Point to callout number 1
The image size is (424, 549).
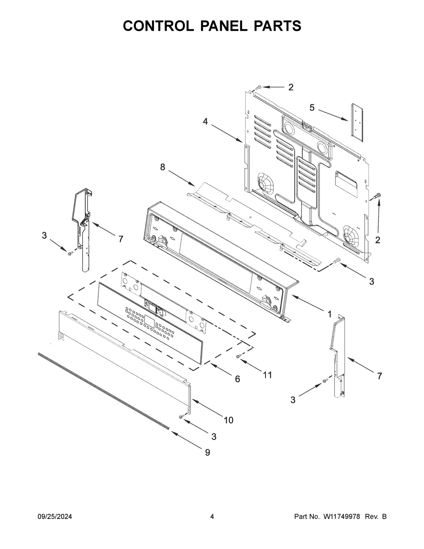(x=329, y=314)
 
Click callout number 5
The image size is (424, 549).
(x=312, y=107)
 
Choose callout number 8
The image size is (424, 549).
(x=163, y=167)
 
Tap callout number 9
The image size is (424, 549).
(x=207, y=452)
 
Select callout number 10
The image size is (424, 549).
(x=228, y=420)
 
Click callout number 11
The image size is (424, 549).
(x=267, y=375)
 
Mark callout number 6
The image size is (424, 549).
(x=237, y=379)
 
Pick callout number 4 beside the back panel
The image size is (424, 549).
(x=205, y=121)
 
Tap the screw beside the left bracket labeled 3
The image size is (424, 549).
(x=69, y=252)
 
